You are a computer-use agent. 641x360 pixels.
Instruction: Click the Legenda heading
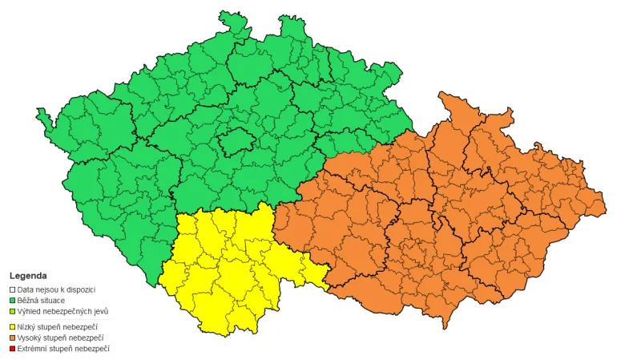28,275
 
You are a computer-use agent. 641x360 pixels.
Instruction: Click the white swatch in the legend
12,289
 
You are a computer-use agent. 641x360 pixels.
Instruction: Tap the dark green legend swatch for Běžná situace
12,300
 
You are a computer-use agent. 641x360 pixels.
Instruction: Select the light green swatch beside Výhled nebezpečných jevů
12,311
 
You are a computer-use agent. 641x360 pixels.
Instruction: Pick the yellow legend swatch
12,327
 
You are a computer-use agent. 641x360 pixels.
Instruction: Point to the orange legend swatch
12,338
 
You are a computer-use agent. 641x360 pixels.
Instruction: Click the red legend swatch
12,350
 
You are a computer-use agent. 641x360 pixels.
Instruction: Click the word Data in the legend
26,289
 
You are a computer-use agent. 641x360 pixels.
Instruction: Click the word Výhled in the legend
30,311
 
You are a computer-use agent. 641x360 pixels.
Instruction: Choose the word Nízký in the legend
28,327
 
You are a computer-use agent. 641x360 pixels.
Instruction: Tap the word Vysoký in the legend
30,338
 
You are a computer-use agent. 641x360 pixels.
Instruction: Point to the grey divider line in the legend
60,319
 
